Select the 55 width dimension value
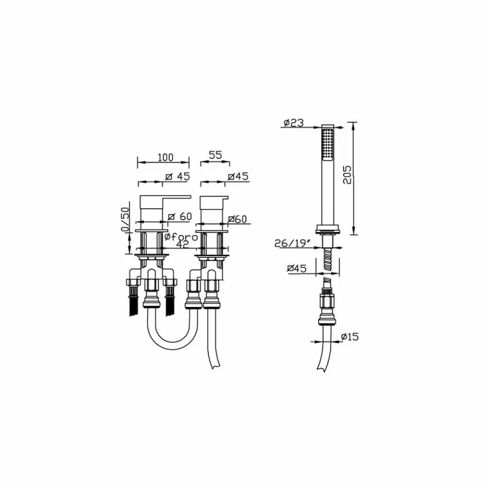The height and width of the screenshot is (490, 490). click(x=214, y=155)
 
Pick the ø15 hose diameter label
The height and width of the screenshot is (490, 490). click(x=349, y=337)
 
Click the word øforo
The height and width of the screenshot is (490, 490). click(x=181, y=237)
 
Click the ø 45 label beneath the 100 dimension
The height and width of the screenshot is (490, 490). click(x=177, y=177)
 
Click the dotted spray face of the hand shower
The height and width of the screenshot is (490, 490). click(x=327, y=144)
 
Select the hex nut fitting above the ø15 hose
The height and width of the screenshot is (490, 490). click(x=327, y=302)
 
